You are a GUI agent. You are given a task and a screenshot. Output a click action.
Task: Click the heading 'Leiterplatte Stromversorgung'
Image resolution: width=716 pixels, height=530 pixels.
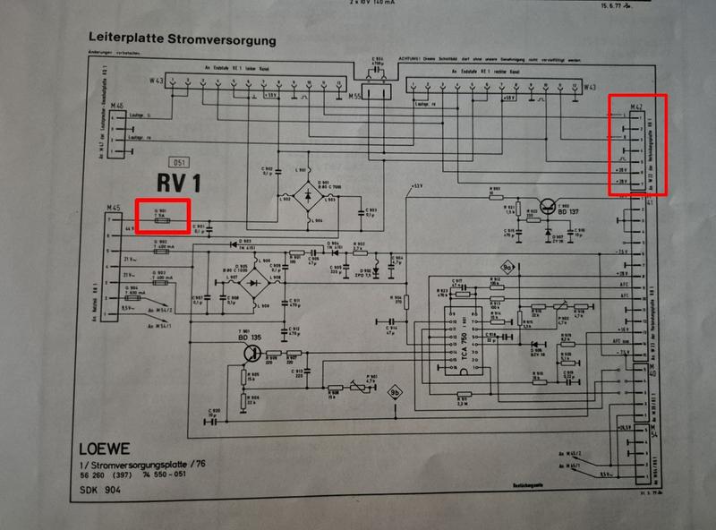point(182,40)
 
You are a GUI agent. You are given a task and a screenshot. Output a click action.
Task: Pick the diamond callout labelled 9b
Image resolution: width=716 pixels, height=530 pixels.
point(395,391)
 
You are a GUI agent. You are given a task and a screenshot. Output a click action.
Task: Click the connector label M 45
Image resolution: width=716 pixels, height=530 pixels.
point(113,209)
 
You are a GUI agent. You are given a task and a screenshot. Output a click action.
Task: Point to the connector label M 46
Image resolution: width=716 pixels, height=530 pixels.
point(116,105)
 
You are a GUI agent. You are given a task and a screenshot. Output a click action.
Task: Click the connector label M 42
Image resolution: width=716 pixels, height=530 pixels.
point(637,107)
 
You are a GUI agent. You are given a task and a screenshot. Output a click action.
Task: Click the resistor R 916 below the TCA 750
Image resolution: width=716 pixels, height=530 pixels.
point(463,394)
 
